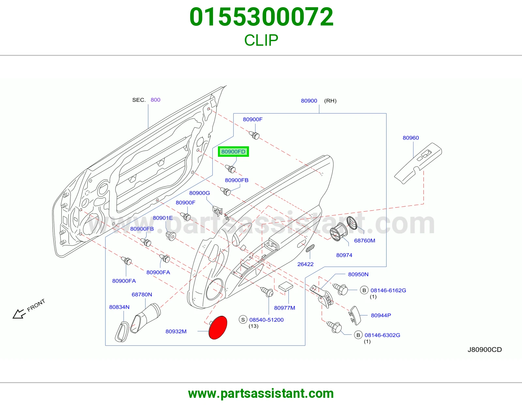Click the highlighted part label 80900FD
point(233,152)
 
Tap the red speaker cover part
point(218,328)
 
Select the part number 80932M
point(176,332)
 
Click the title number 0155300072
point(261,17)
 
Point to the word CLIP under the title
point(261,40)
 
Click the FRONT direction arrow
point(19,314)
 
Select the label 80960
point(411,138)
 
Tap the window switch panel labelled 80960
point(418,163)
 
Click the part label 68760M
point(364,240)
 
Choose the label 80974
point(344,255)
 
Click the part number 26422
point(305,264)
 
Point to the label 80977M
point(285,308)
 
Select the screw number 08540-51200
point(267,320)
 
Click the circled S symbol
point(243,320)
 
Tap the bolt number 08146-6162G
point(388,290)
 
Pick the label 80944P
point(381,315)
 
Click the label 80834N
point(119,307)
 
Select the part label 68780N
point(142,295)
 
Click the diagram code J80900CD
point(484,350)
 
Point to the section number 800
point(155,100)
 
